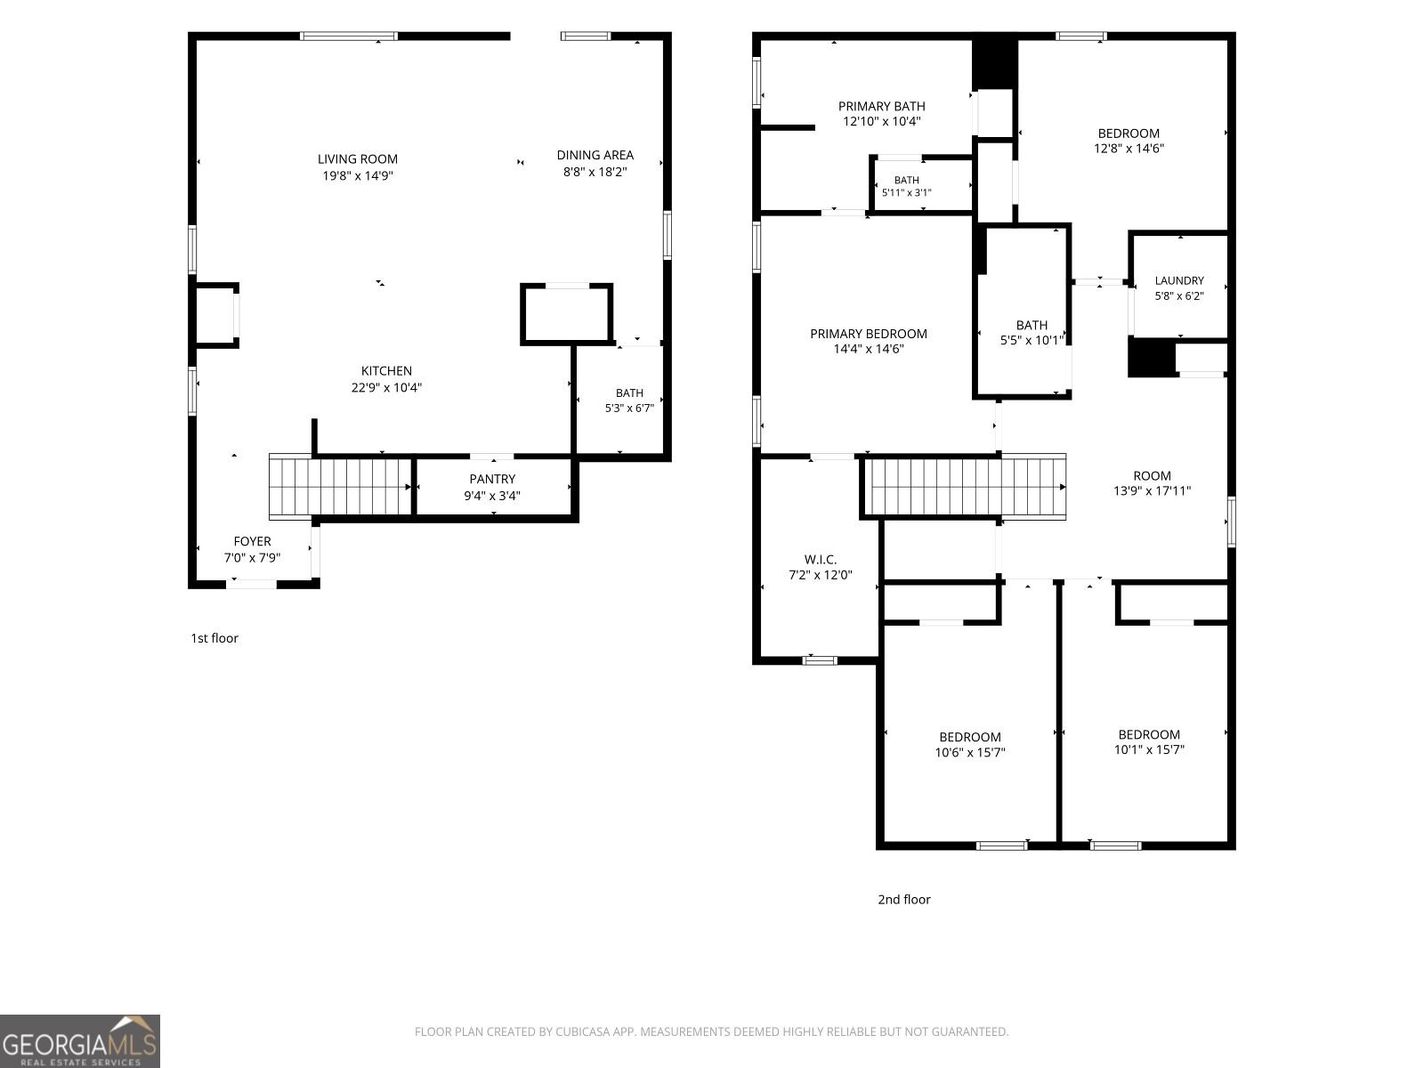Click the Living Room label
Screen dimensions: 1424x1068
[x=358, y=159]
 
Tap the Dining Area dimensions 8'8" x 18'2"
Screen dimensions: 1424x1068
[x=595, y=172]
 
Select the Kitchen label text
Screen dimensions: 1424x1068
[x=386, y=371]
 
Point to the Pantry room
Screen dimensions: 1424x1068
[x=492, y=487]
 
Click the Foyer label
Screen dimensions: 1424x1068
[x=253, y=541]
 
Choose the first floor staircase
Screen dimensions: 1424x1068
[x=341, y=486]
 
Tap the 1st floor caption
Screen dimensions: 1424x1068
[x=214, y=638]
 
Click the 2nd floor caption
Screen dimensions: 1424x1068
[x=903, y=900]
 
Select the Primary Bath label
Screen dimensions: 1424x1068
[x=882, y=106]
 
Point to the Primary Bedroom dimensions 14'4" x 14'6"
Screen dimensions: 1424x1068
[x=869, y=349]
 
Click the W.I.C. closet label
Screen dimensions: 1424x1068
[x=820, y=559]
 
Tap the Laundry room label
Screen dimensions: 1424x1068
[x=1178, y=280]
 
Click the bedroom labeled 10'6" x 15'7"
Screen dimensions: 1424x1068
[x=970, y=732]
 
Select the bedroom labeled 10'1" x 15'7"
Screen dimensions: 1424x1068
[x=1145, y=732]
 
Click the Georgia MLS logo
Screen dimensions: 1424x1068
[x=80, y=1041]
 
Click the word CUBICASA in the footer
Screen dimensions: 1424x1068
[x=581, y=1032]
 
